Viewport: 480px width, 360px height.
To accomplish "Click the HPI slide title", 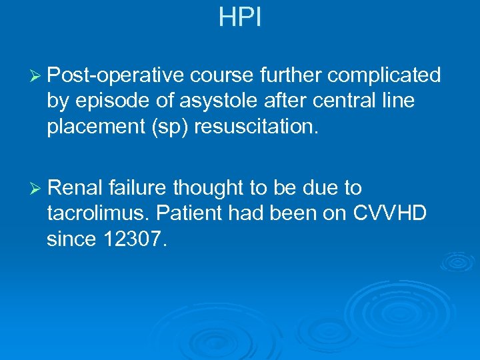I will click(x=240, y=17).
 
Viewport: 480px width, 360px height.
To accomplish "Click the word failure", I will click(x=140, y=189).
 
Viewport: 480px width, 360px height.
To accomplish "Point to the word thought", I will click(x=211, y=189).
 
